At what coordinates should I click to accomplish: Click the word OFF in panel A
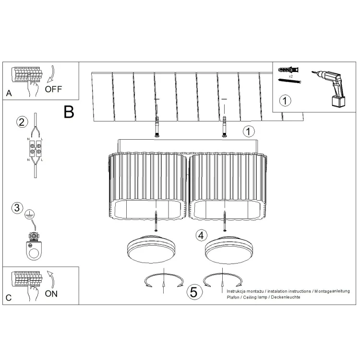pos(53,89)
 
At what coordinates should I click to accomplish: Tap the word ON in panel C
pos(51,294)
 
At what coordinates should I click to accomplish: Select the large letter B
pos(69,112)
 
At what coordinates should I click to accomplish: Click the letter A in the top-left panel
pos(9,93)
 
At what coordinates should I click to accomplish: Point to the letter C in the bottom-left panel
pos(9,298)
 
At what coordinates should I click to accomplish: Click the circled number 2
pos(22,122)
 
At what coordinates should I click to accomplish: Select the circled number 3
pos(17,208)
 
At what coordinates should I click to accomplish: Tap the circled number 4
pos(201,236)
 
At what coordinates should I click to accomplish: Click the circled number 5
pos(194,292)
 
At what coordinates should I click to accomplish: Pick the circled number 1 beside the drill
pos(285,101)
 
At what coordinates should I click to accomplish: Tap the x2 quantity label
pos(291,76)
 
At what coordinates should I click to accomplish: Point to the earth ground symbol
pos(30,214)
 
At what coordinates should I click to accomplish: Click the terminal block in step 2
pos(35,148)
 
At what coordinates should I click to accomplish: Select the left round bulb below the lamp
pos(151,249)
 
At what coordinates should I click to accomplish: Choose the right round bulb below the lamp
pos(229,250)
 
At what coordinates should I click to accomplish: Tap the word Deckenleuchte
pos(286,297)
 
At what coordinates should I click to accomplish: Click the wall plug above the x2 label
pos(288,69)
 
